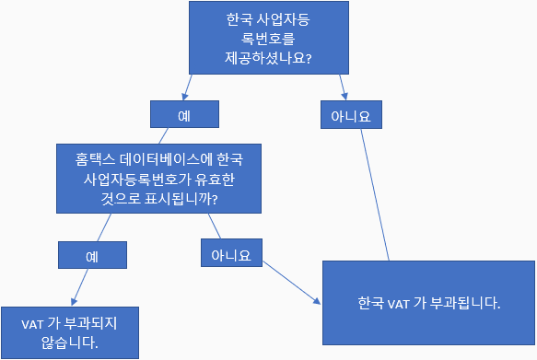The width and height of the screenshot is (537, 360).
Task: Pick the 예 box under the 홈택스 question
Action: point(92,256)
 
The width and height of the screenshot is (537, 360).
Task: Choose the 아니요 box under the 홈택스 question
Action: point(231,252)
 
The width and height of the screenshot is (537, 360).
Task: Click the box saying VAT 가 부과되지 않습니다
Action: point(70,332)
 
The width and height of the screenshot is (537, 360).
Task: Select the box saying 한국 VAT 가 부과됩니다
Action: point(428,301)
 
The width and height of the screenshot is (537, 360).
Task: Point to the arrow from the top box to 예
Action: point(188,87)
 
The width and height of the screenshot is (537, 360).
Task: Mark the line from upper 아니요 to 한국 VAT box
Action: point(372,194)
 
